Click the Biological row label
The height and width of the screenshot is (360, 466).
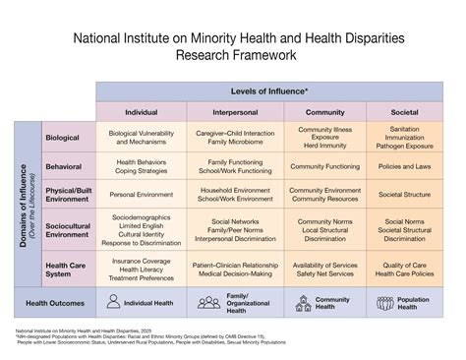62,138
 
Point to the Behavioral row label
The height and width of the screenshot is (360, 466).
62,166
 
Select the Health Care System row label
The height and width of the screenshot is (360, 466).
64,268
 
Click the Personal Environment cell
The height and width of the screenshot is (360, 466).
140,195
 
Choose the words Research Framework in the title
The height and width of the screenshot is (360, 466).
233,55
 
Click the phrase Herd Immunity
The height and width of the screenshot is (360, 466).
324,144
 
